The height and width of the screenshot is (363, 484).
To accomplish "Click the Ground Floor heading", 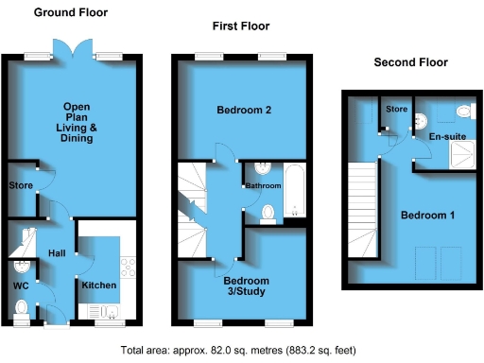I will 71,13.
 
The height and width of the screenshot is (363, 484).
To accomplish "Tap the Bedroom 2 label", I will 244,111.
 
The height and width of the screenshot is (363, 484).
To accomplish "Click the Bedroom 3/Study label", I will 246,286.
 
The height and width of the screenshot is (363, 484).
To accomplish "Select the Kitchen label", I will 98,285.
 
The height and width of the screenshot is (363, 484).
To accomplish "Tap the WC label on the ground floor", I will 21,285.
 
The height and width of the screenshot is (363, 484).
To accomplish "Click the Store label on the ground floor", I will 20,184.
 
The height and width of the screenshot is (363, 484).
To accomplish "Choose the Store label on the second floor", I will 396,110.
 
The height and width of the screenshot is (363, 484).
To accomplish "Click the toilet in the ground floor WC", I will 22,308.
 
